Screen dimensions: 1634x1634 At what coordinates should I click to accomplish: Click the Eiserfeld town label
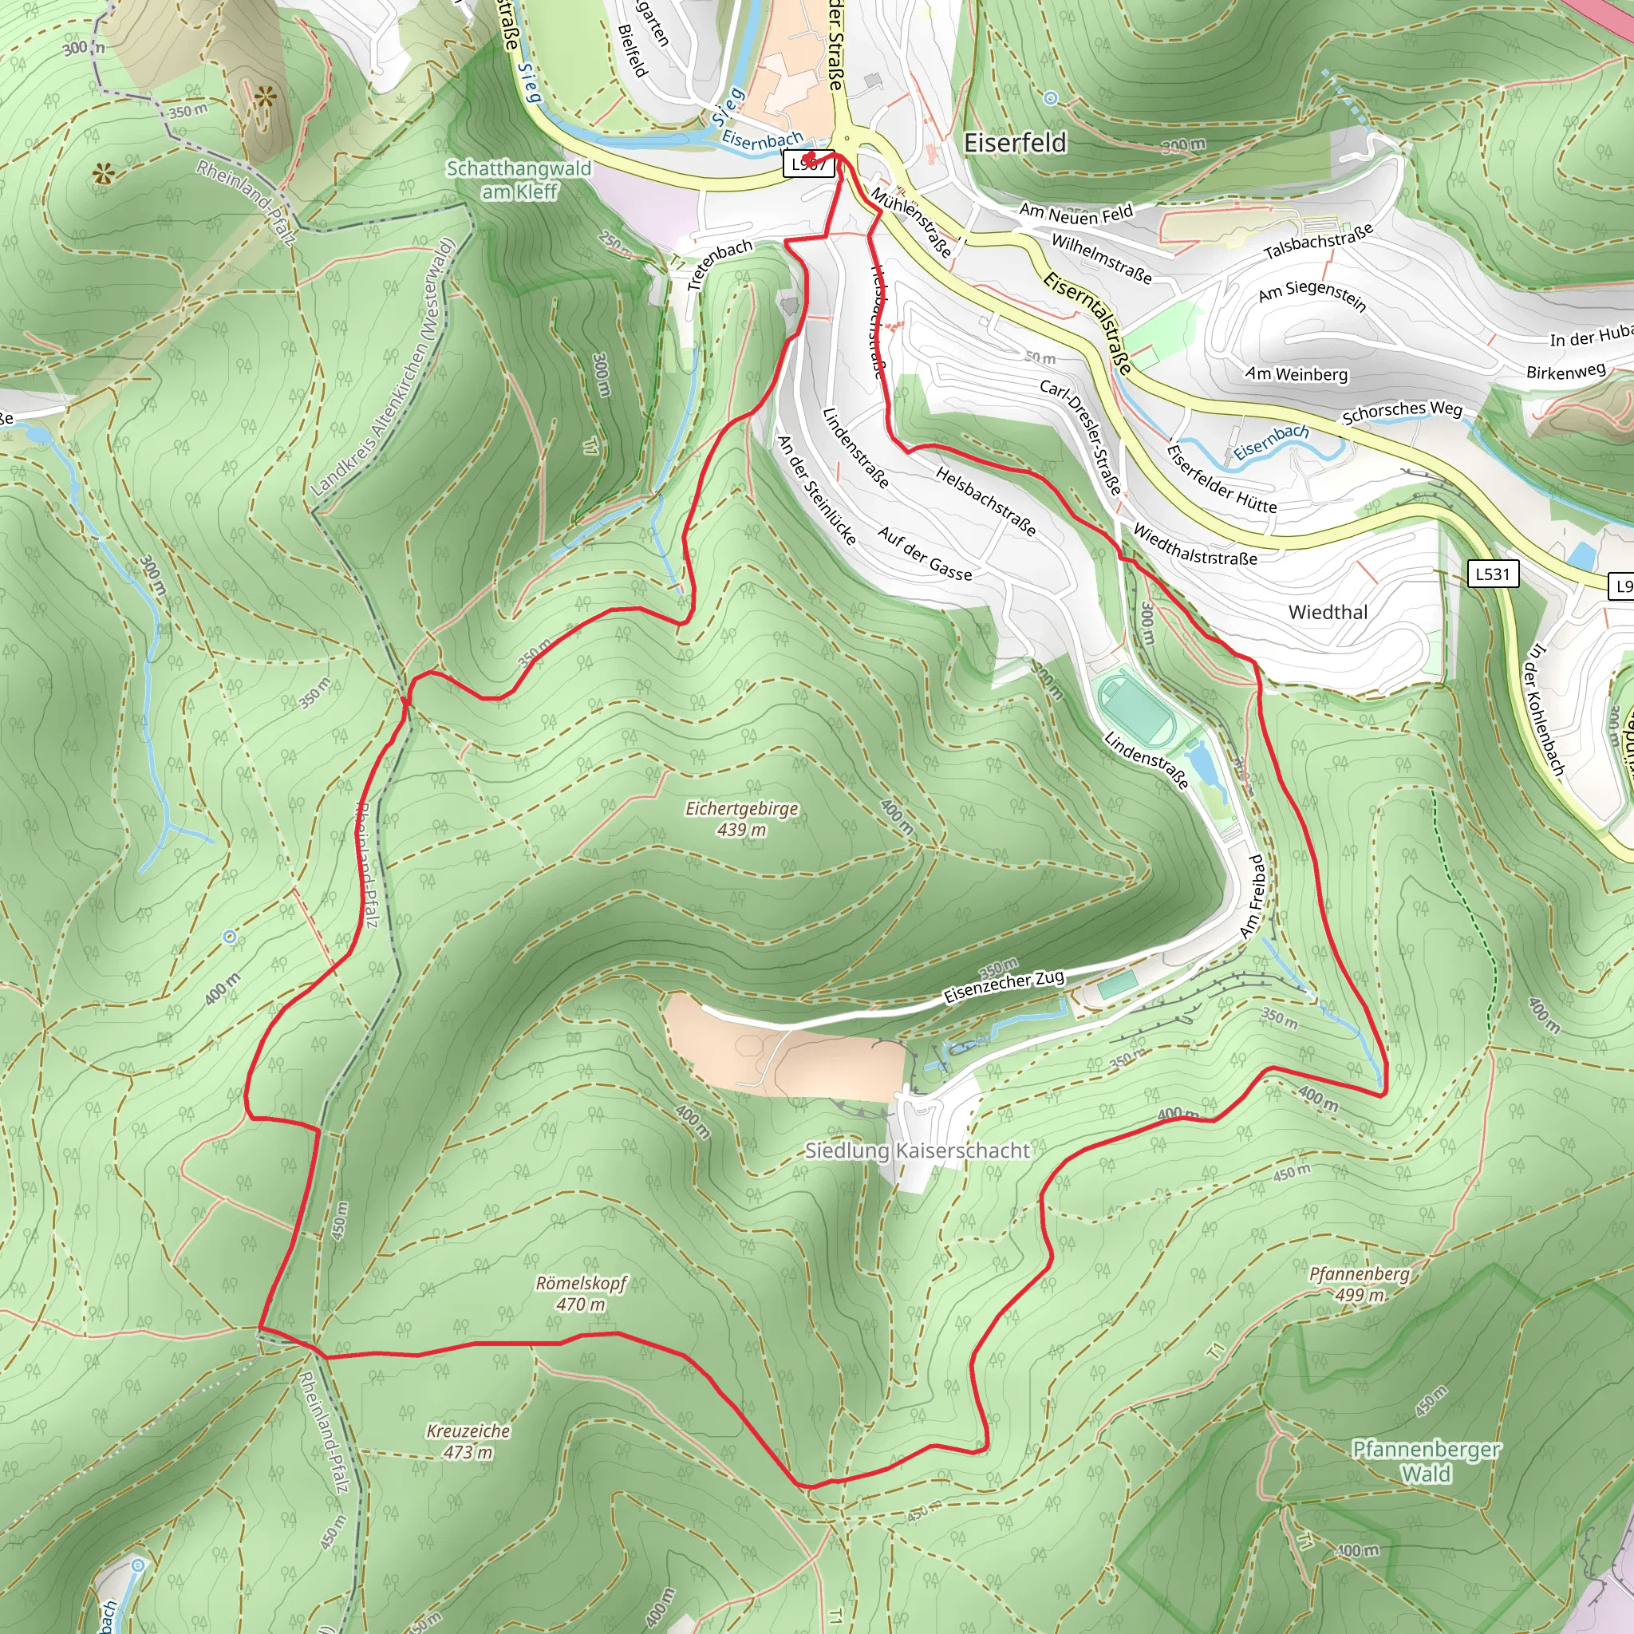(1015, 143)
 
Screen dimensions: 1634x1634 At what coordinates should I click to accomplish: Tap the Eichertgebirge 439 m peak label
(742, 819)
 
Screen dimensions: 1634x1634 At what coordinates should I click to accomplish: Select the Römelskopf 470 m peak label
(581, 1293)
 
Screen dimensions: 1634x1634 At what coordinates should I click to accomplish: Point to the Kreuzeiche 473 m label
(468, 1441)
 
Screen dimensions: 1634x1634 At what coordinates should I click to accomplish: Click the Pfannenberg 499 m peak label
(1359, 1284)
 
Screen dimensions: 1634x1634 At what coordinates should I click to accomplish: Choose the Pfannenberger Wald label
(1426, 1462)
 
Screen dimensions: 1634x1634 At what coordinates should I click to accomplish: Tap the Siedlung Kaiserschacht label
(917, 1151)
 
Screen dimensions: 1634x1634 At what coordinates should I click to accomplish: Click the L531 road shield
(1492, 574)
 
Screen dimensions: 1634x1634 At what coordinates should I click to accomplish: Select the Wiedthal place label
(1327, 612)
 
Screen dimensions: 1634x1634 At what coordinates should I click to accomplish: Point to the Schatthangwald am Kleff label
(519, 180)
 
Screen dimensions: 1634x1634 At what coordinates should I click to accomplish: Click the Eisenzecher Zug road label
(1004, 986)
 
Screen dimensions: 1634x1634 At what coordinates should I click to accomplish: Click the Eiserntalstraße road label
(1087, 322)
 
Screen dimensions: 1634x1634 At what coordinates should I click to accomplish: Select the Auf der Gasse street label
(925, 554)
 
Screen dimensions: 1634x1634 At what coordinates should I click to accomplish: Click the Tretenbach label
(719, 264)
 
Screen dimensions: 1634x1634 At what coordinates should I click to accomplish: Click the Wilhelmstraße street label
(1101, 258)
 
